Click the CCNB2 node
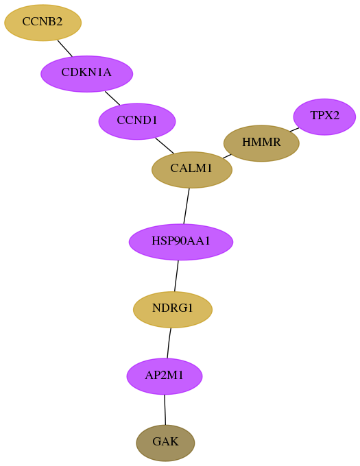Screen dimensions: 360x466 coord(43,23)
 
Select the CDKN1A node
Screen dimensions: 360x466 coord(86,74)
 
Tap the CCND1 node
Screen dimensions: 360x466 coord(137,121)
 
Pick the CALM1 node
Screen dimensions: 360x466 coord(192,170)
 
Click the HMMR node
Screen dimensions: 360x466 coord(261,143)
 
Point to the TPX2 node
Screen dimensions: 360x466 coord(324,116)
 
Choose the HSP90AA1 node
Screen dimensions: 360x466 coord(181,242)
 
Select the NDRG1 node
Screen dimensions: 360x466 coord(172,309)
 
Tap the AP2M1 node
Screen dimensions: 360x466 coord(165,376)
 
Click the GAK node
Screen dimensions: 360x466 coord(165,443)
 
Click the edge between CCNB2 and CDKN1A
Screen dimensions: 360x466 coord(65,48)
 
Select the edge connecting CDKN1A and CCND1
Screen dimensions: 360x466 coord(112,98)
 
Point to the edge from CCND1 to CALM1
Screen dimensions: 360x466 coord(165,145)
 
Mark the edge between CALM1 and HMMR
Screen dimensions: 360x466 coord(227,156)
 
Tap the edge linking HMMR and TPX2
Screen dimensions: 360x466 coord(294,130)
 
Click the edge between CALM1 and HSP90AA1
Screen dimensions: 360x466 coord(187,206)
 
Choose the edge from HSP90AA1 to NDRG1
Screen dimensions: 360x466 coord(177,275)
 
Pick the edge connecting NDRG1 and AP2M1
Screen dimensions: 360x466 coord(169,343)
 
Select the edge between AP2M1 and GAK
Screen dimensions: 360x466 coord(165,410)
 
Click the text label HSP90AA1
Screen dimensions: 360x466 coord(181,241)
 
